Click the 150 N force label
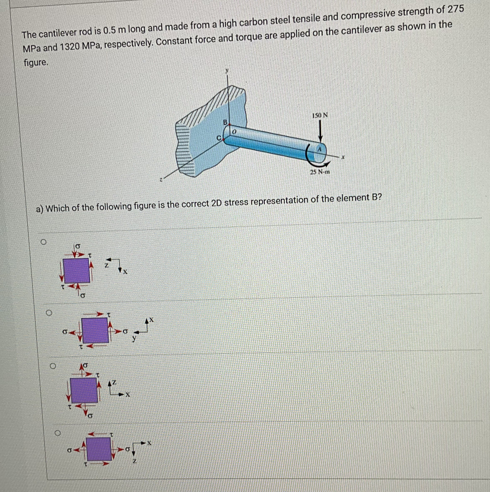320,115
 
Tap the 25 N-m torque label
320,172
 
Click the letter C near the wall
219,138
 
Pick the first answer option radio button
44,242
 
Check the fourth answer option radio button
58,433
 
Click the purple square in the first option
77,271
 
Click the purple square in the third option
84,390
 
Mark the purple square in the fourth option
99,449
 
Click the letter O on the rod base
235,132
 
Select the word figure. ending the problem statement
36,62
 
